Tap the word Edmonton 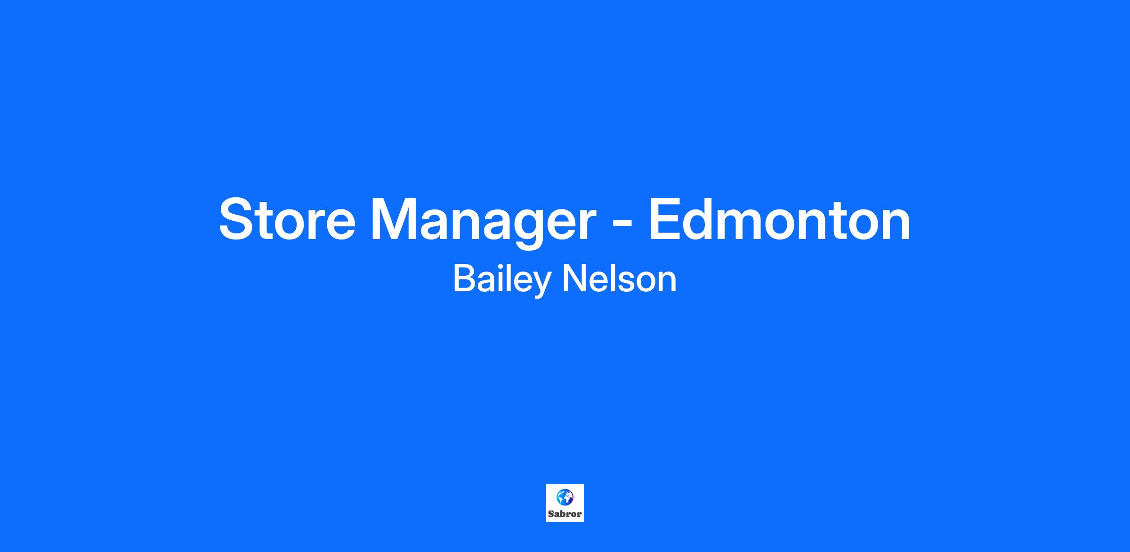(x=780, y=219)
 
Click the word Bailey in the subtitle (x=501, y=279)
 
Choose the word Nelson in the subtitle (x=620, y=278)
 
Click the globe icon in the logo (x=565, y=496)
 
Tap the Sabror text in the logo (x=565, y=514)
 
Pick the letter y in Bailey (x=540, y=284)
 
